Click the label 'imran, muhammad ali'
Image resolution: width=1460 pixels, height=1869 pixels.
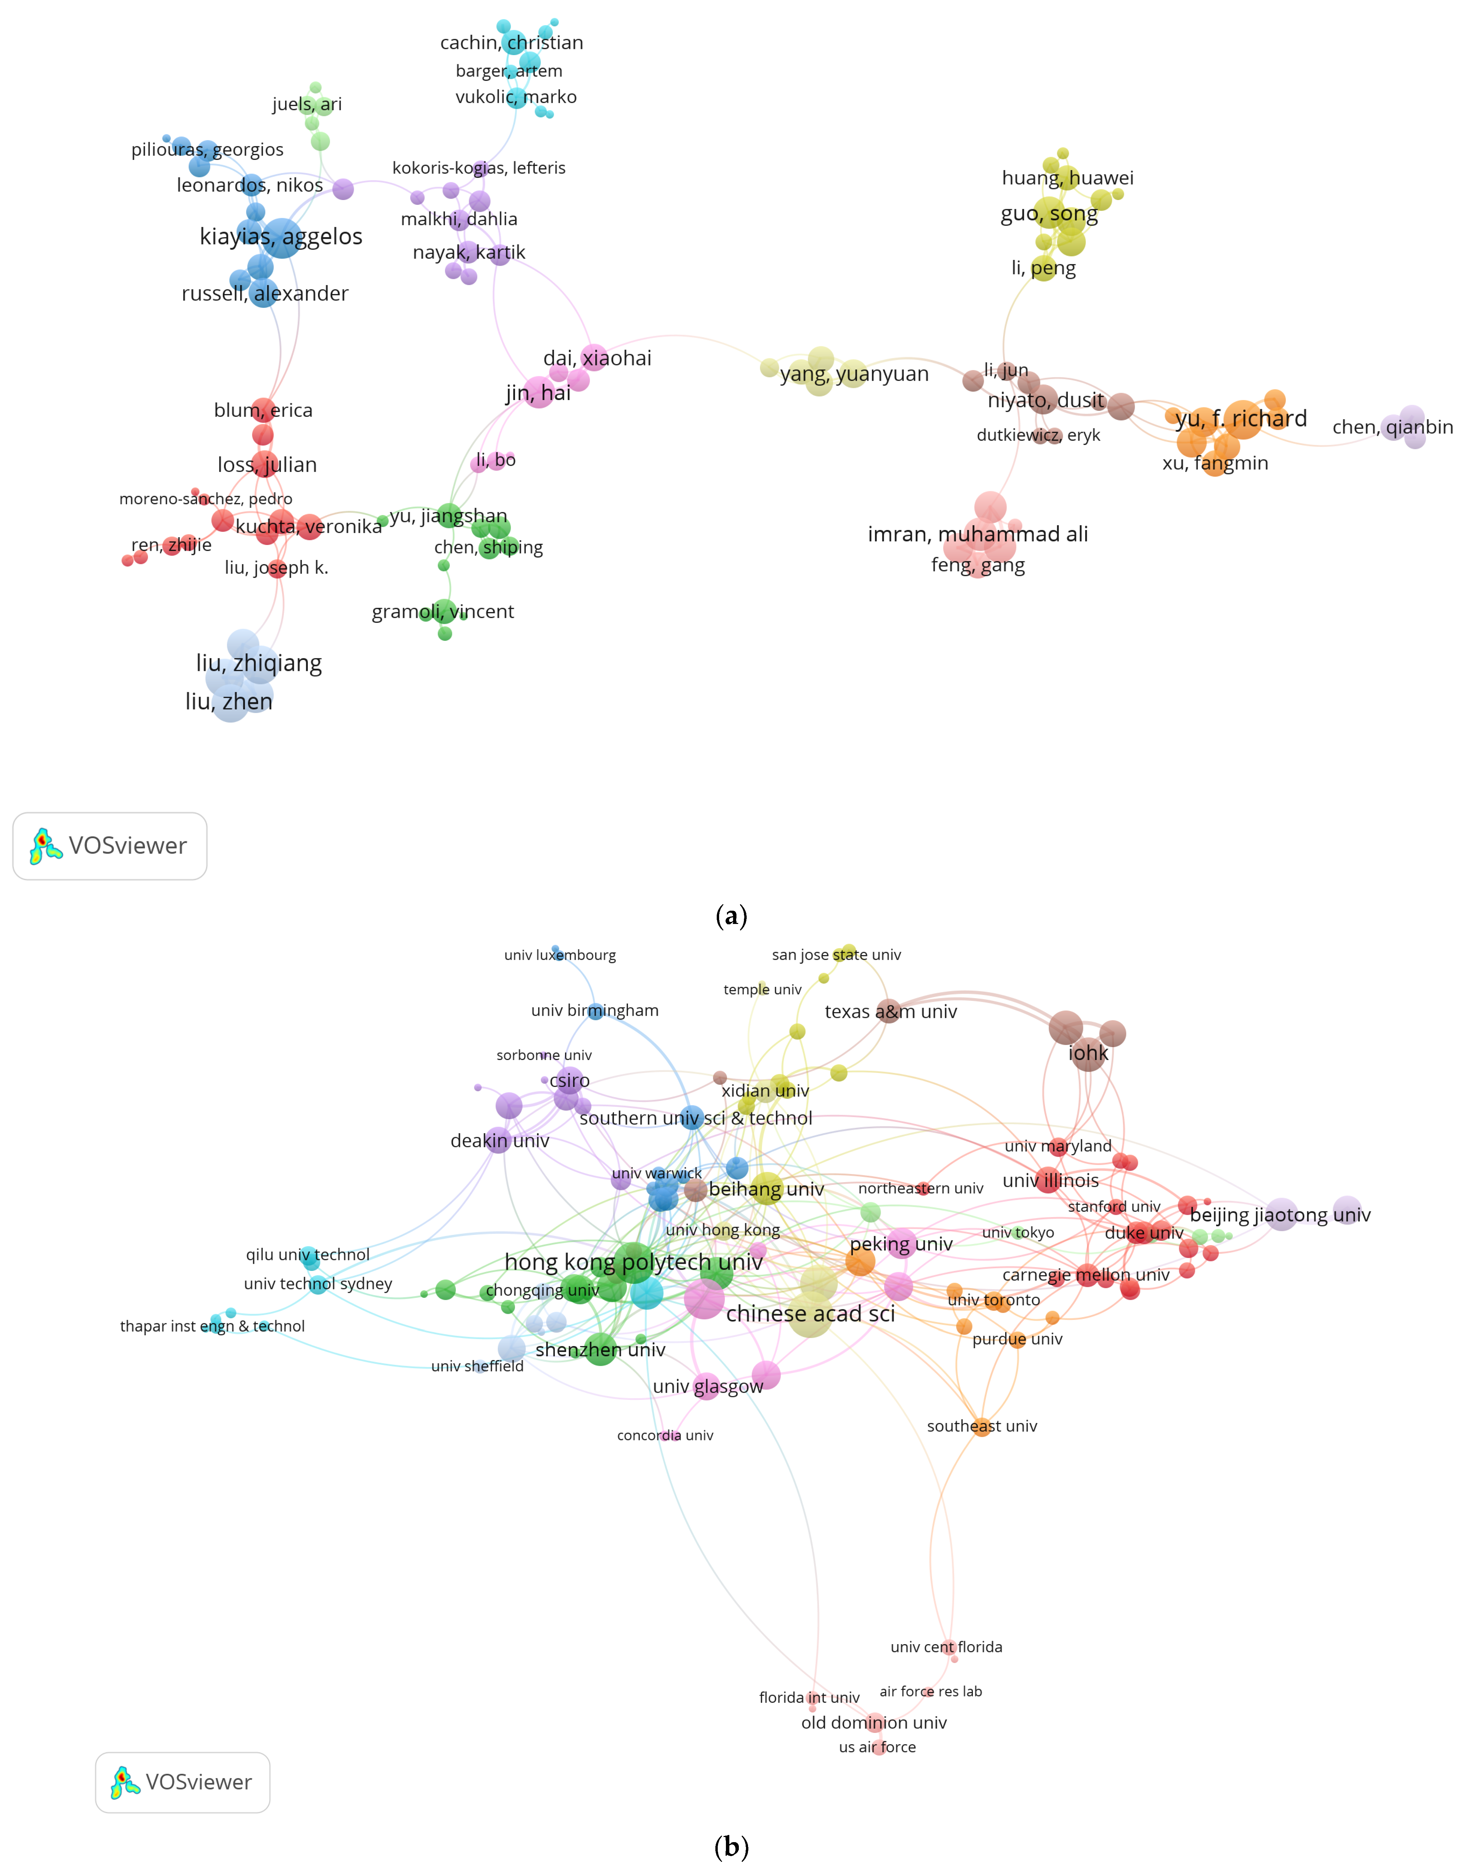(x=977, y=534)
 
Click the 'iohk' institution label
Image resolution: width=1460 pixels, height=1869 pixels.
(x=1088, y=1054)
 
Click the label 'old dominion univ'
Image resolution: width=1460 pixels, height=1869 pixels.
(x=874, y=1723)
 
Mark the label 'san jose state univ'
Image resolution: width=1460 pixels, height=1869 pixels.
(x=836, y=955)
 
